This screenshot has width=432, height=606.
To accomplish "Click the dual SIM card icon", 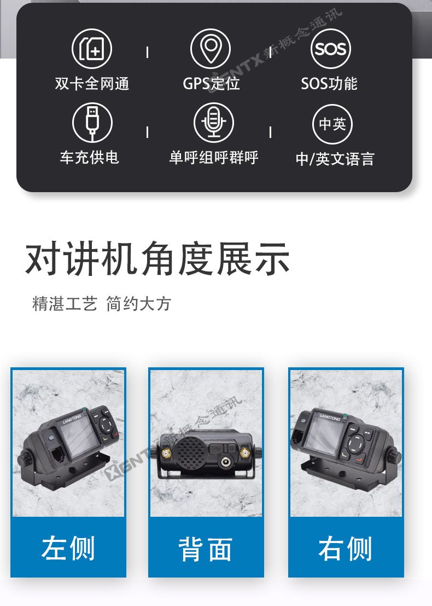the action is click(92, 49).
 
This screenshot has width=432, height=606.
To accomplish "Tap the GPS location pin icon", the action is click(211, 49).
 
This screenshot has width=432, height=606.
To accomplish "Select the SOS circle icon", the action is click(330, 49).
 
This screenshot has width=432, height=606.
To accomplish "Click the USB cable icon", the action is click(92, 122).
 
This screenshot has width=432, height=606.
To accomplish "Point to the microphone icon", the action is click(213, 122).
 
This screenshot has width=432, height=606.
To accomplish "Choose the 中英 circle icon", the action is click(332, 124).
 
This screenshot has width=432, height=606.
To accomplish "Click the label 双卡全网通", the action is click(92, 83).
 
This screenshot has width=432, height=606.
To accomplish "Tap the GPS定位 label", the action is click(211, 83).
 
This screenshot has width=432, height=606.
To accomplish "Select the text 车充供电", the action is click(89, 157).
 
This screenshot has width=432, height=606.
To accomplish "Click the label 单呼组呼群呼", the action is click(213, 157).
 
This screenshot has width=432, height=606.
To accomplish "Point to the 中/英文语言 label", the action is click(335, 159).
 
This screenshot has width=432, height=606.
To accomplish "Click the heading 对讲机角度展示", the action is click(157, 258).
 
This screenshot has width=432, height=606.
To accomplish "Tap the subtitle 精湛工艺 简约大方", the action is click(102, 304).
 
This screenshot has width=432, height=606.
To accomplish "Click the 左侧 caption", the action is click(68, 548).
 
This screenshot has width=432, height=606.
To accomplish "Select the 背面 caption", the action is click(206, 549).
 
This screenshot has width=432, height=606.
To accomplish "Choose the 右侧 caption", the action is click(345, 548).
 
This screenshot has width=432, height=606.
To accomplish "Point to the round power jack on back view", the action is click(225, 461).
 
